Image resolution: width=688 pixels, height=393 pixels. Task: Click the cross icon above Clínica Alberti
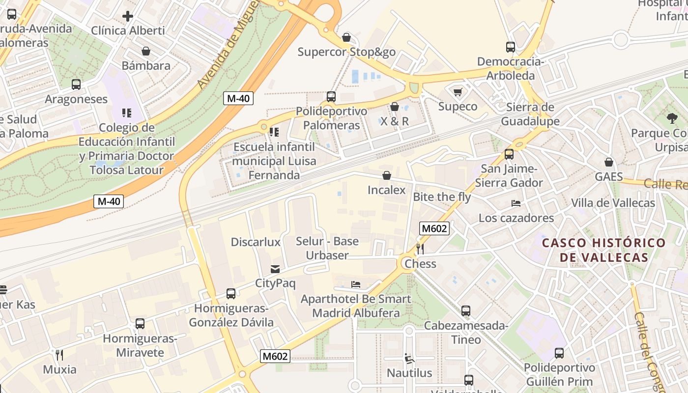128,16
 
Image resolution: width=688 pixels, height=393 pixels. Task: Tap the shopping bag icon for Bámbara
146,51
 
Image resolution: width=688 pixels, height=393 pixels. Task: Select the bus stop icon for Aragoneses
76,84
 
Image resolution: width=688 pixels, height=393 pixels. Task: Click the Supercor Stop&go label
346,52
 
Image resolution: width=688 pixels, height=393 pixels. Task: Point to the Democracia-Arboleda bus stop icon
511,48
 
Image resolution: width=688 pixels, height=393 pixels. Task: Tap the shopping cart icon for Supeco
458,92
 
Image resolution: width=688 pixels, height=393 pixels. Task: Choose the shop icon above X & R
395,107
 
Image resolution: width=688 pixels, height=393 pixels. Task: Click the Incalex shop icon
387,175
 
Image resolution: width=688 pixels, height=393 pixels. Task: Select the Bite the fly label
442,197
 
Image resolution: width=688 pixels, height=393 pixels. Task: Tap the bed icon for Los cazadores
516,203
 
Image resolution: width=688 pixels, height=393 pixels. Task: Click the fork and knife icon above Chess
420,249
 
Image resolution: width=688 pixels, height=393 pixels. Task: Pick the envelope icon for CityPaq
275,269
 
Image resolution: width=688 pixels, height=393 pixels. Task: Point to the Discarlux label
256,242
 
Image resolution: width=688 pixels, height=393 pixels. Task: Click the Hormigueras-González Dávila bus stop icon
231,294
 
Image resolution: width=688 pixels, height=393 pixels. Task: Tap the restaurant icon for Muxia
59,355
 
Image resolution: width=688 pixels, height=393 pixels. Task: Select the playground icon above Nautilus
409,359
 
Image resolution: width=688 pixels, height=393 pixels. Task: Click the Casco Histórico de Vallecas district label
604,250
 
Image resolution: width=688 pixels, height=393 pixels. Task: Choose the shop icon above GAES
609,162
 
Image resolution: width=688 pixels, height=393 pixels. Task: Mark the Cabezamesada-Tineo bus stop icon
466,311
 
